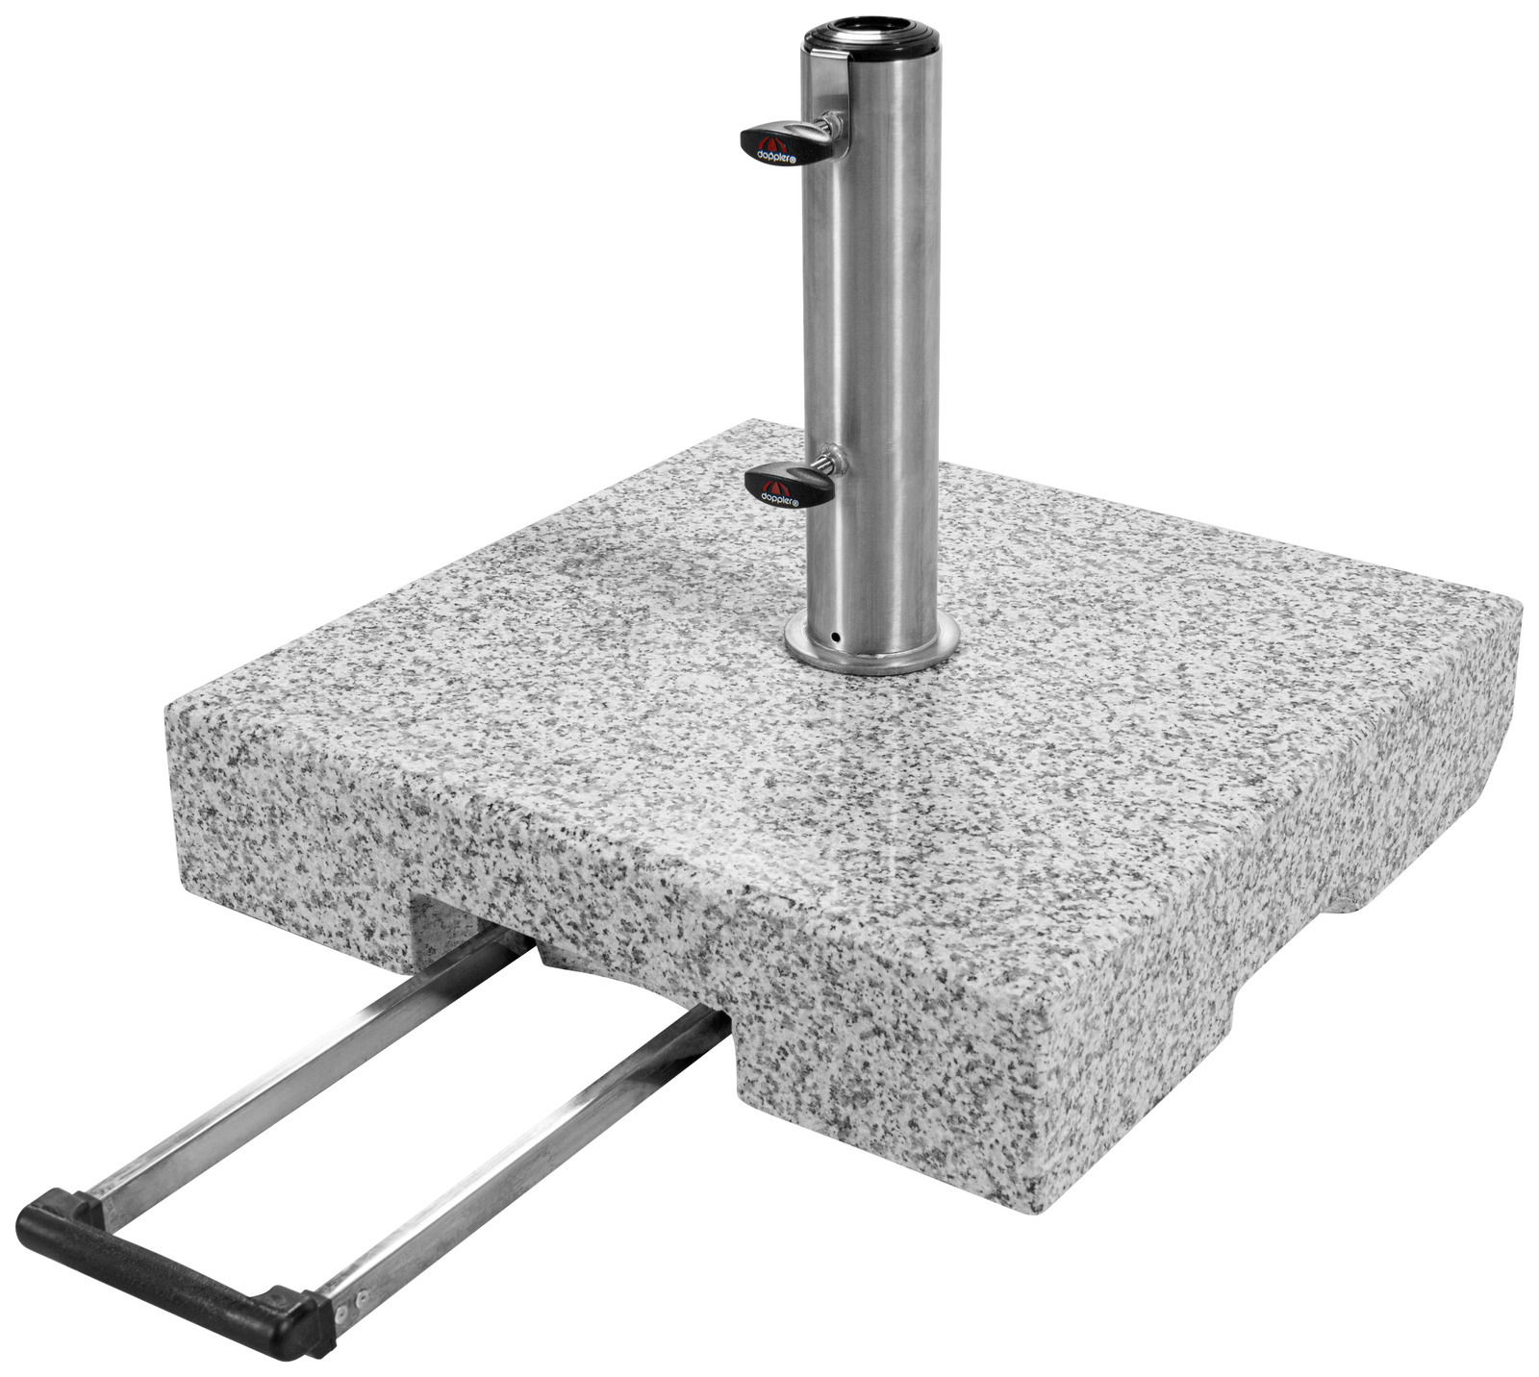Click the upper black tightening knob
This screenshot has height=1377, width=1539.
tap(775, 142)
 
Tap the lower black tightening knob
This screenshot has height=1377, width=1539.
tap(784, 486)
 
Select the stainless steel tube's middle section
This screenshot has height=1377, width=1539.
tap(870, 337)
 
